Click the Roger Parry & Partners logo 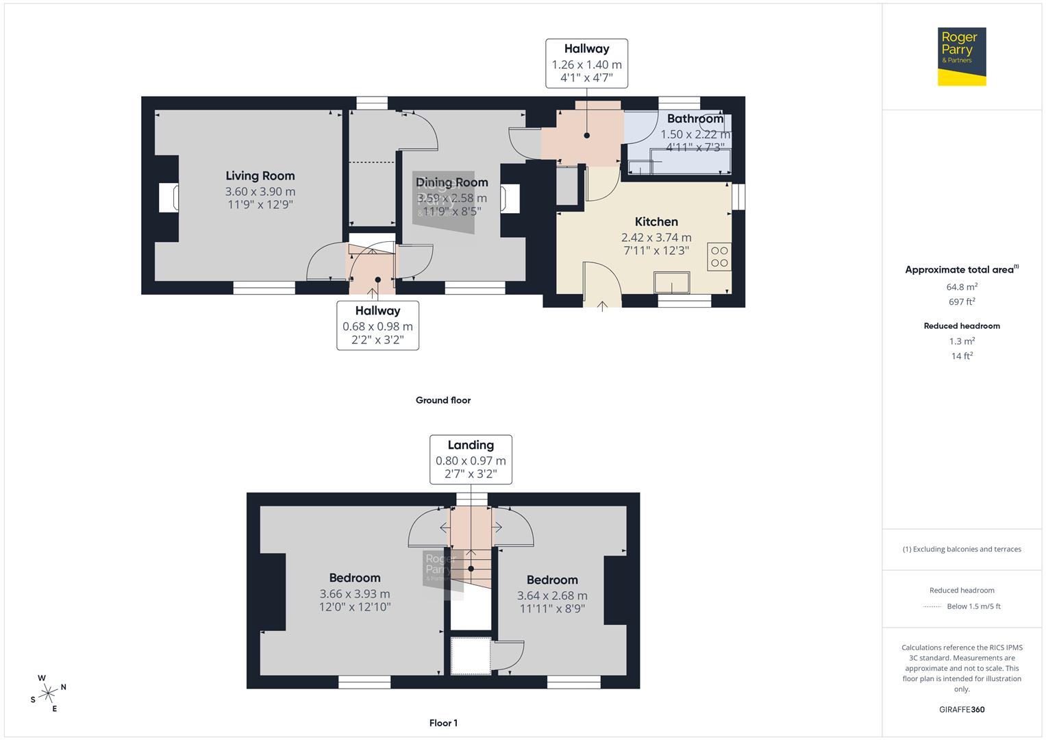(x=961, y=56)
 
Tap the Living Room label (x=260, y=176)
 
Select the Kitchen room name (x=656, y=221)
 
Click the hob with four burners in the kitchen (x=719, y=256)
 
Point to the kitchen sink (x=672, y=282)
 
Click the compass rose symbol (x=48, y=693)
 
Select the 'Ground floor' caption (x=443, y=400)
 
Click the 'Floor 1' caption (x=443, y=723)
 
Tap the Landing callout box (x=471, y=459)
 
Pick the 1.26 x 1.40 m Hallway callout (x=586, y=63)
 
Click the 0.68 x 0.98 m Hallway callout (x=377, y=325)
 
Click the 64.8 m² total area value (x=962, y=287)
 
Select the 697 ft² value (x=962, y=301)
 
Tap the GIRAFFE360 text (x=962, y=709)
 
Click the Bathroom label (x=695, y=119)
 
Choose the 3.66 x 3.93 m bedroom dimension (x=355, y=594)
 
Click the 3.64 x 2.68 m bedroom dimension (x=552, y=595)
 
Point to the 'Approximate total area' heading (x=961, y=269)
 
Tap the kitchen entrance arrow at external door (x=602, y=306)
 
